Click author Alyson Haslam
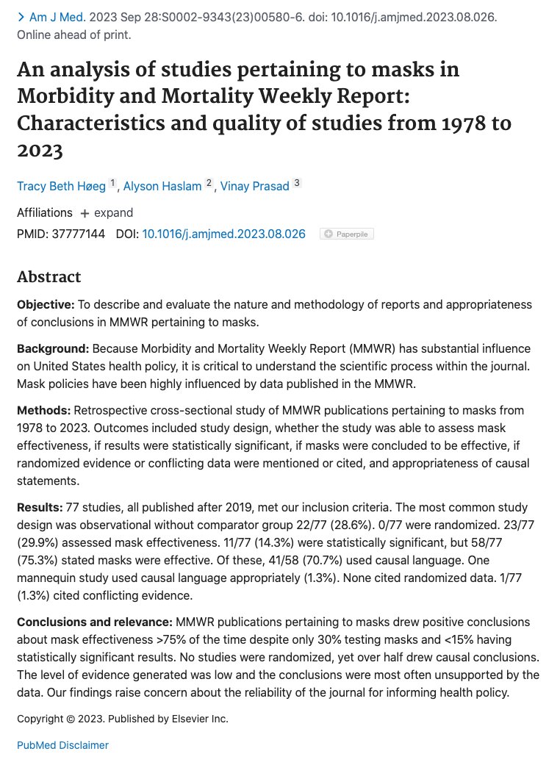click(162, 186)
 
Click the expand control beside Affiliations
click(107, 212)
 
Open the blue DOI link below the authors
click(223, 234)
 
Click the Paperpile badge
click(347, 234)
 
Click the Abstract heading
click(49, 277)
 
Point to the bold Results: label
click(40, 508)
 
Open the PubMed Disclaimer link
click(62, 745)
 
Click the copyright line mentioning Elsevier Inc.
click(123, 718)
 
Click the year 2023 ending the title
click(40, 151)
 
